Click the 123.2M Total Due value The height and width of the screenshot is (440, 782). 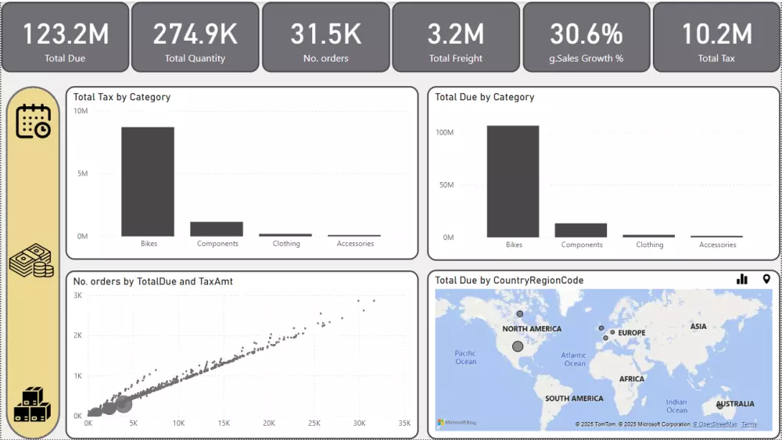point(65,34)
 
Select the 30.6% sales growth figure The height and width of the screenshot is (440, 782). point(586,34)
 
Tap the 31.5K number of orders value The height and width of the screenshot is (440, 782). point(325,34)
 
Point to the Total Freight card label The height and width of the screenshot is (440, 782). point(456,59)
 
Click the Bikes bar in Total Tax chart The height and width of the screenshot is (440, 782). point(148,181)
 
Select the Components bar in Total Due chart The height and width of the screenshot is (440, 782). point(581,230)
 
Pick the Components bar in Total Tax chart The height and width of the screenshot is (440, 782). point(217,229)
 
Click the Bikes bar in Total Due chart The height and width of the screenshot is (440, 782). point(513,181)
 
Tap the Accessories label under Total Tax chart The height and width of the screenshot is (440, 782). point(355,244)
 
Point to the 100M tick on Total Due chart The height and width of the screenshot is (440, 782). point(444,133)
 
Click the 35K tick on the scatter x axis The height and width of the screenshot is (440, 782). point(404,424)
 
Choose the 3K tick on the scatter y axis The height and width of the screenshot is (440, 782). point(78,295)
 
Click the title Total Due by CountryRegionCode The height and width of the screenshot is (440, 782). point(509,281)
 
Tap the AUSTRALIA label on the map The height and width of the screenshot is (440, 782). point(735,404)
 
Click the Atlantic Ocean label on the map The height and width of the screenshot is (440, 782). point(574,360)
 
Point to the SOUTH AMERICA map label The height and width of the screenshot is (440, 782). point(574,399)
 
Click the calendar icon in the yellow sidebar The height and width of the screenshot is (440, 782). point(33,121)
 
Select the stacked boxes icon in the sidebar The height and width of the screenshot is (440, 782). point(32,404)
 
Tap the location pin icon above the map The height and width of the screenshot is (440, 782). point(766,279)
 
